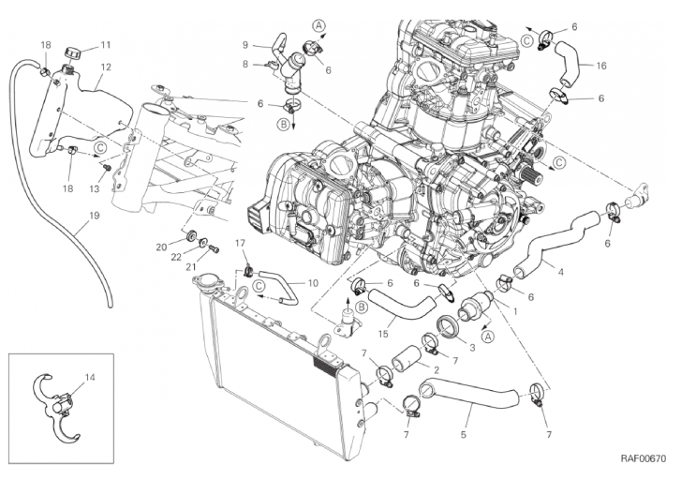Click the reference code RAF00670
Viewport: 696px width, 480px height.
[644, 458]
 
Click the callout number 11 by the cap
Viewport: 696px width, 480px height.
[105, 45]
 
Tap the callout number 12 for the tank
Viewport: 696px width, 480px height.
[106, 67]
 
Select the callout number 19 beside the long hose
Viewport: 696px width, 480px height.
[94, 216]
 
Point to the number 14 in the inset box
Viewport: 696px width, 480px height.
[90, 378]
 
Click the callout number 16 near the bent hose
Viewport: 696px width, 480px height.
[601, 66]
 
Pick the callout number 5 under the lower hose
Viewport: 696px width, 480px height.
[464, 435]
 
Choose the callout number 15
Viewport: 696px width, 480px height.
[383, 333]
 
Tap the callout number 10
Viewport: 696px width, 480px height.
[313, 283]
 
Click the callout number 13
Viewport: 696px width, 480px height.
[95, 189]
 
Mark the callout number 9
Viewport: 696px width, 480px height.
[245, 44]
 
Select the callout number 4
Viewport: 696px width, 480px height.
[560, 271]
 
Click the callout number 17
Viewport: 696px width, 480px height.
[240, 243]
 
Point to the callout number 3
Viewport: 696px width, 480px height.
[472, 348]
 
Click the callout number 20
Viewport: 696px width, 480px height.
[161, 247]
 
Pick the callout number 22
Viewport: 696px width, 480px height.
[176, 257]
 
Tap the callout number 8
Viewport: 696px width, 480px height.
[245, 65]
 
